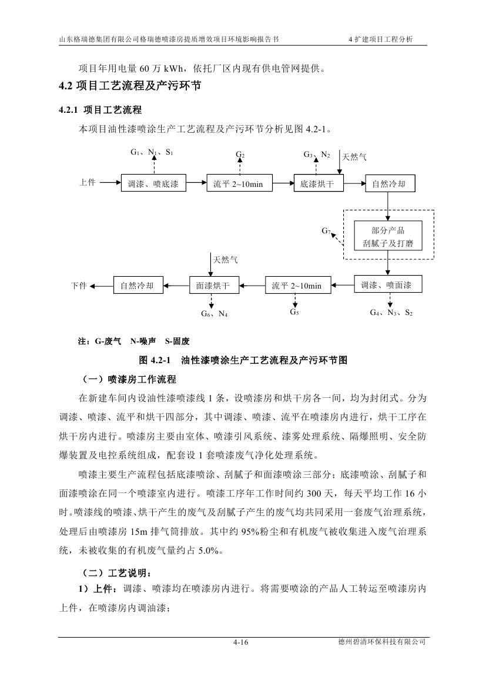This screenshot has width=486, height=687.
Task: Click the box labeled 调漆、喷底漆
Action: point(153,184)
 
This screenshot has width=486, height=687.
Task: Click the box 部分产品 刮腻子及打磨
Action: point(388,236)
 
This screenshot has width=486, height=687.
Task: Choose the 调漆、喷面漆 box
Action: point(387,285)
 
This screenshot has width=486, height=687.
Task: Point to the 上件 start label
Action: point(88,183)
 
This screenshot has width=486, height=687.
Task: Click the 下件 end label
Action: point(79,286)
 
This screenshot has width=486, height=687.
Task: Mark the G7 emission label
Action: point(326,230)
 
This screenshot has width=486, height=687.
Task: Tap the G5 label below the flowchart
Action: point(294,313)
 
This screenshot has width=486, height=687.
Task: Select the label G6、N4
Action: point(214,314)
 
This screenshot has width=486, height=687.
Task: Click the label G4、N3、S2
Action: point(391,313)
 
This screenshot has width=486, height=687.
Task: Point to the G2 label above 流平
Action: point(240,155)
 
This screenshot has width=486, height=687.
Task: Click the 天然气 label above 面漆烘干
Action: point(225,259)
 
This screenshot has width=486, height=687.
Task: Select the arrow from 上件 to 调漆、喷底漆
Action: point(109,183)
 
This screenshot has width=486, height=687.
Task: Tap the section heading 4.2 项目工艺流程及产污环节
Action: point(130,86)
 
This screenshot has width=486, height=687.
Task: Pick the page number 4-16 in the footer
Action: point(241,643)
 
